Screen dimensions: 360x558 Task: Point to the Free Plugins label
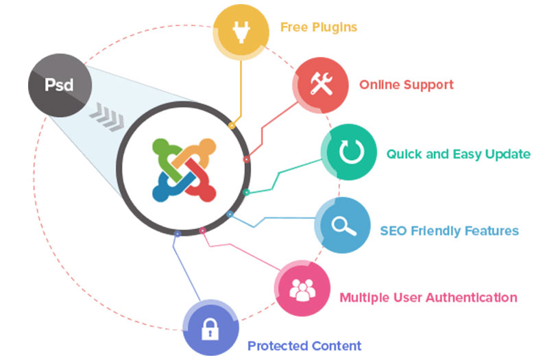click(318, 28)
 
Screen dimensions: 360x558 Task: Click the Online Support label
click(406, 85)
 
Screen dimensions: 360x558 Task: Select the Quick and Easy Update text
click(458, 154)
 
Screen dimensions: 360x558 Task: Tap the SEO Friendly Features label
click(449, 230)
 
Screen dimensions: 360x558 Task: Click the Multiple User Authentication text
click(428, 298)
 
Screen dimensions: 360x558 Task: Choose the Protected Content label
click(304, 346)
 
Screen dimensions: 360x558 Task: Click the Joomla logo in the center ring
click(184, 169)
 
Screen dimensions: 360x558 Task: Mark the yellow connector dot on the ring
click(232, 126)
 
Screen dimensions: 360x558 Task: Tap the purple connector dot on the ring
click(178, 234)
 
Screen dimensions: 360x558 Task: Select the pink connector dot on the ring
click(202, 230)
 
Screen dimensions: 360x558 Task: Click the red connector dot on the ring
click(246, 159)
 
